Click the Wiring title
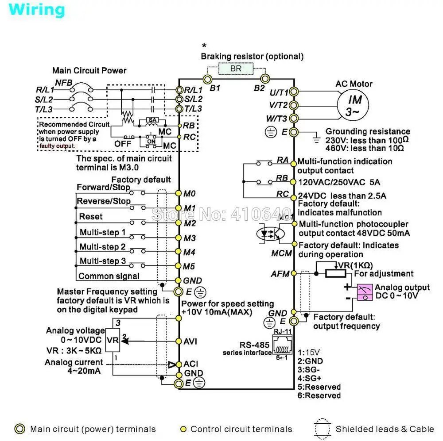pos(36,10)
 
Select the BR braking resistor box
pos(235,69)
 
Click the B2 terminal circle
pos(264,79)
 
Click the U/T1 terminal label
pos(279,92)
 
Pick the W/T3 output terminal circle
pos(294,118)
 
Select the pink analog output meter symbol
pos(365,292)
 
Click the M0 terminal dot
pos(179,193)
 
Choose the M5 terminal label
pos(190,266)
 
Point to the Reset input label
pos(91,217)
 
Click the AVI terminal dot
pos(179,341)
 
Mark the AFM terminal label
pos(280,274)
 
